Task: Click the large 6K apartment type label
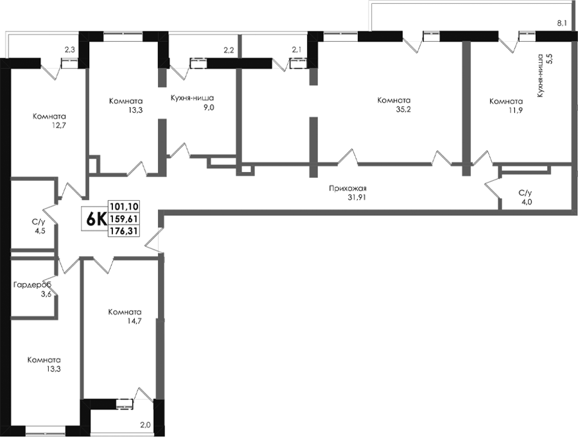click(x=96, y=219)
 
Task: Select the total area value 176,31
click(x=123, y=231)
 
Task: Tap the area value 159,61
click(x=123, y=219)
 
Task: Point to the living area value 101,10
click(x=123, y=207)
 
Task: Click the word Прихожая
click(x=347, y=189)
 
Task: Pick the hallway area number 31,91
click(x=357, y=198)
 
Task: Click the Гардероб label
click(x=32, y=285)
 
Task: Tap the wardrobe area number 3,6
click(x=46, y=294)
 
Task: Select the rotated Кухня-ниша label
click(x=541, y=76)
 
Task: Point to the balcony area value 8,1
click(x=561, y=24)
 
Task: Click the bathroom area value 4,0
click(x=527, y=202)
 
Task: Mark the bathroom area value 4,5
click(x=40, y=232)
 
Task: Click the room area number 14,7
click(x=134, y=321)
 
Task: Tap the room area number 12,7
click(x=59, y=125)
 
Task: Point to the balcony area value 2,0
click(x=145, y=425)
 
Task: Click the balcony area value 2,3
click(x=69, y=50)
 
